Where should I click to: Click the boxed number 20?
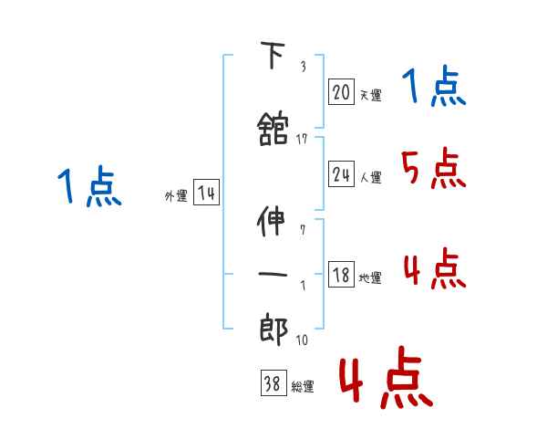[x=341, y=92]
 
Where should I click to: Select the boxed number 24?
[x=341, y=175]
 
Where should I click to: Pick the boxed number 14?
[x=206, y=194]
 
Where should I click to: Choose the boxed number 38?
[x=272, y=384]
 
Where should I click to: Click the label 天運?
[x=370, y=94]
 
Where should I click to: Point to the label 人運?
[x=370, y=177]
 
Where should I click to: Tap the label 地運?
[x=370, y=277]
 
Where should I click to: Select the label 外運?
[x=175, y=195]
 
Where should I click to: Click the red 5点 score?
[x=434, y=168]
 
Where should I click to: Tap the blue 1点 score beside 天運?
[x=433, y=87]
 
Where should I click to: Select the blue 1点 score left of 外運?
[x=88, y=188]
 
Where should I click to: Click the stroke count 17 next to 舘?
[x=302, y=139]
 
